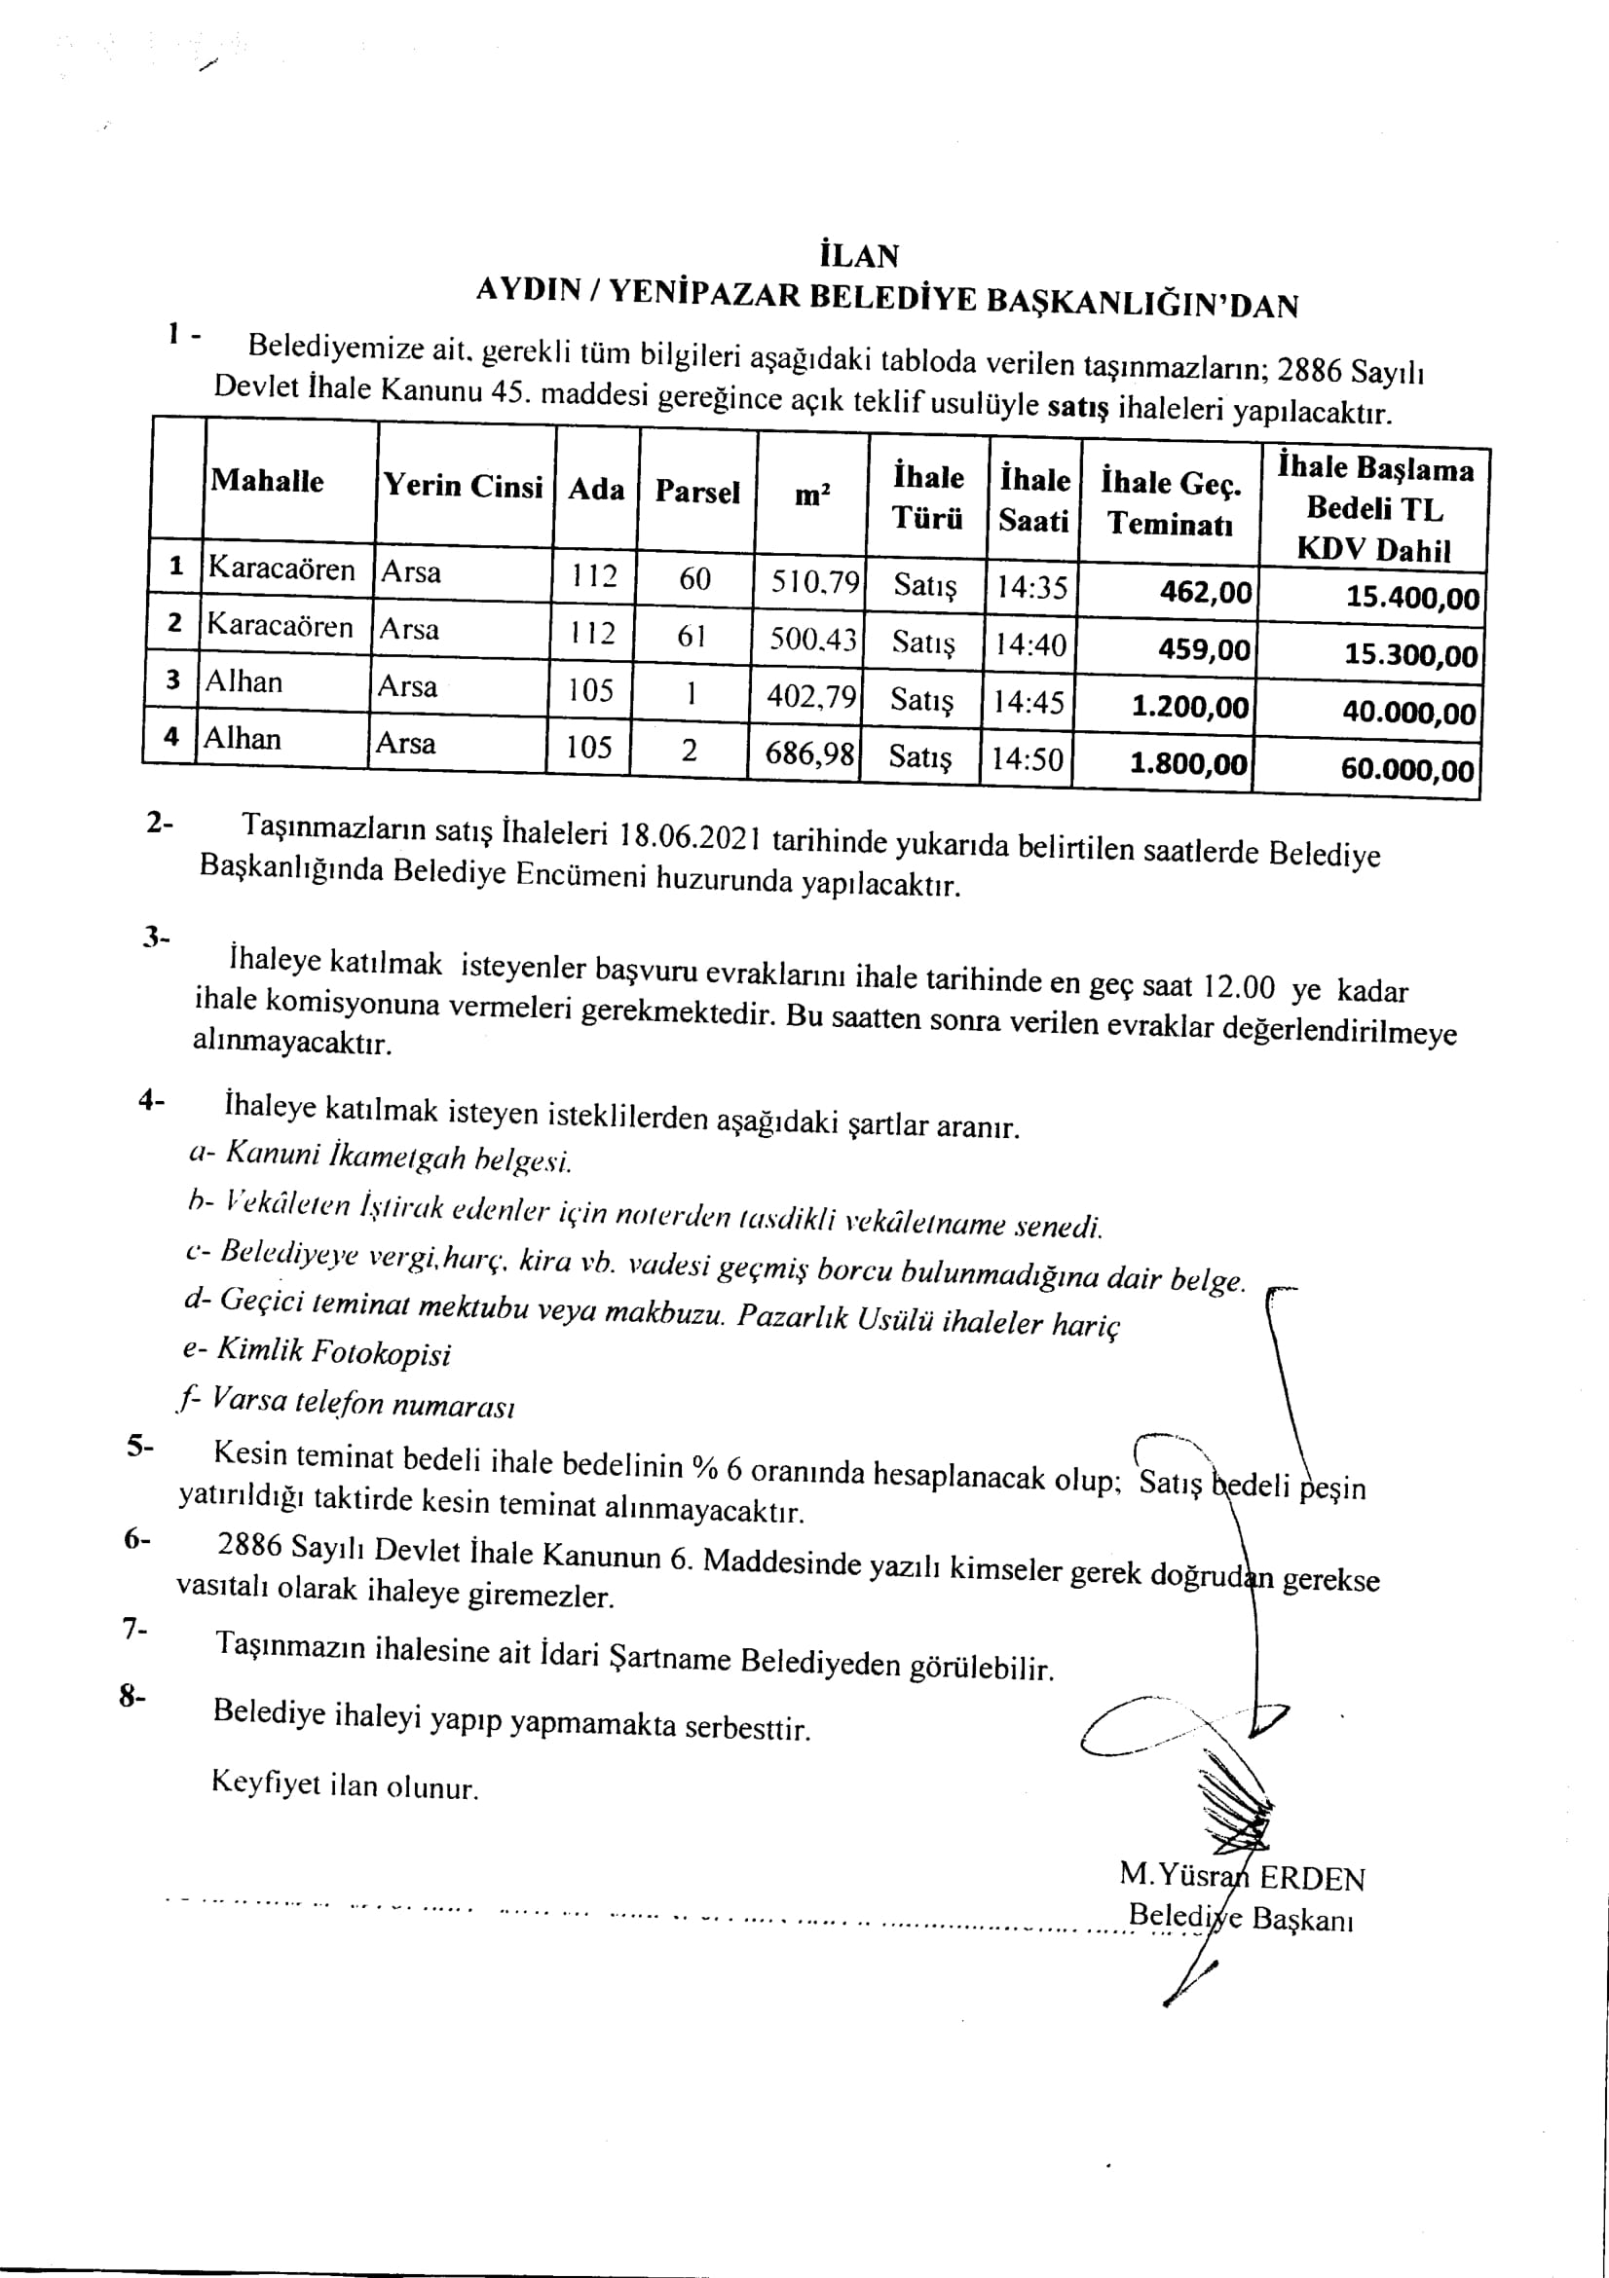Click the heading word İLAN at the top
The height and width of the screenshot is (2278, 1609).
click(x=860, y=255)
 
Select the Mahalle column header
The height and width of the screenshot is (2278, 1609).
click(x=267, y=481)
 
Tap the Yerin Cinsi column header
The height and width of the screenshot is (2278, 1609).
click(x=464, y=486)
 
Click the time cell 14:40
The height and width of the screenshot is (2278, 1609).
click(x=1030, y=645)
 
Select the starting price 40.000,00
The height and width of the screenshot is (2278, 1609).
click(x=1408, y=713)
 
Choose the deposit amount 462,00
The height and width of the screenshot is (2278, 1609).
click(x=1206, y=593)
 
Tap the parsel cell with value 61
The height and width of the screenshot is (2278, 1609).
click(x=691, y=636)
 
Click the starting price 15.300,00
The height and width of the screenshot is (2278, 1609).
click(x=1410, y=655)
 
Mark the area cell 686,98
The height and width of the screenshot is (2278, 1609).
click(x=809, y=754)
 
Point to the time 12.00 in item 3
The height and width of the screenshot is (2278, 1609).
click(x=1238, y=986)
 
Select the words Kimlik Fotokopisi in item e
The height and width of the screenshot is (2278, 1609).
click(x=333, y=1352)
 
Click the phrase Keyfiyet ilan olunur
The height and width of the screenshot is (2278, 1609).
click(x=345, y=1785)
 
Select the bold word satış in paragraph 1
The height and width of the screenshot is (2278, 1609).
click(x=1077, y=407)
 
